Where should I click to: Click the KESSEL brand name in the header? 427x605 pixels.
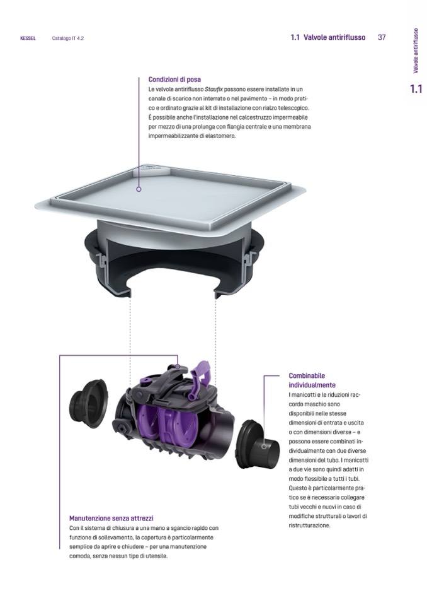pyautogui.click(x=28, y=38)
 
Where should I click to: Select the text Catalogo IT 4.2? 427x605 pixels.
pyautogui.click(x=68, y=38)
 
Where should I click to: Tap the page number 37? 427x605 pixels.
pyautogui.click(x=382, y=37)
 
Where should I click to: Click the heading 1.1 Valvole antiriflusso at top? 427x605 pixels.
pyautogui.click(x=328, y=37)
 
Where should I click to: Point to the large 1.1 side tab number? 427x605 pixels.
pyautogui.click(x=416, y=89)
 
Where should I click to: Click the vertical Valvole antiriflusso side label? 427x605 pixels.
pyautogui.click(x=416, y=50)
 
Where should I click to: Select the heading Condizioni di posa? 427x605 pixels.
pyautogui.click(x=174, y=80)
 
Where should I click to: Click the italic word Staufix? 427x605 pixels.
pyautogui.click(x=214, y=90)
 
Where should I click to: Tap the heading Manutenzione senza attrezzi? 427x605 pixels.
pyautogui.click(x=111, y=518)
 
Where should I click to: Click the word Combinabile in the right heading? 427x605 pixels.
pyautogui.click(x=307, y=375)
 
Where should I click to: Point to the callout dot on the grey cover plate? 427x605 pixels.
pyautogui.click(x=139, y=189)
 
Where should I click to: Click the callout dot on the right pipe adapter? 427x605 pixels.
pyautogui.click(x=264, y=447)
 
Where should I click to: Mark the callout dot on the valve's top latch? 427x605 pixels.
pyautogui.click(x=178, y=366)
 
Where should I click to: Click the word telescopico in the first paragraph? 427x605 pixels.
pyautogui.click(x=293, y=108)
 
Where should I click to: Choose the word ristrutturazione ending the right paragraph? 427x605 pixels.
pyautogui.click(x=309, y=525)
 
